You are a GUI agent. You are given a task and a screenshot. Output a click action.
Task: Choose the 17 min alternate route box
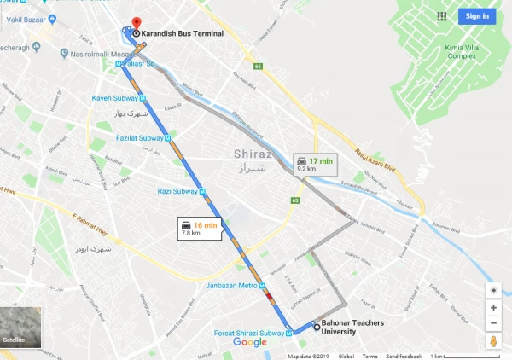pos(311,164)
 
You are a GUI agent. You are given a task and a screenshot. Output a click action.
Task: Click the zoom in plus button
pos(493,308)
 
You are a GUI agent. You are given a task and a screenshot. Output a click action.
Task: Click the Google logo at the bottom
pos(249,342)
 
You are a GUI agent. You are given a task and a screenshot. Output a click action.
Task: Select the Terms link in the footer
pos(369,356)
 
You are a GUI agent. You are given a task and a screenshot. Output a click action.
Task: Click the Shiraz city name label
pos(251,154)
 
